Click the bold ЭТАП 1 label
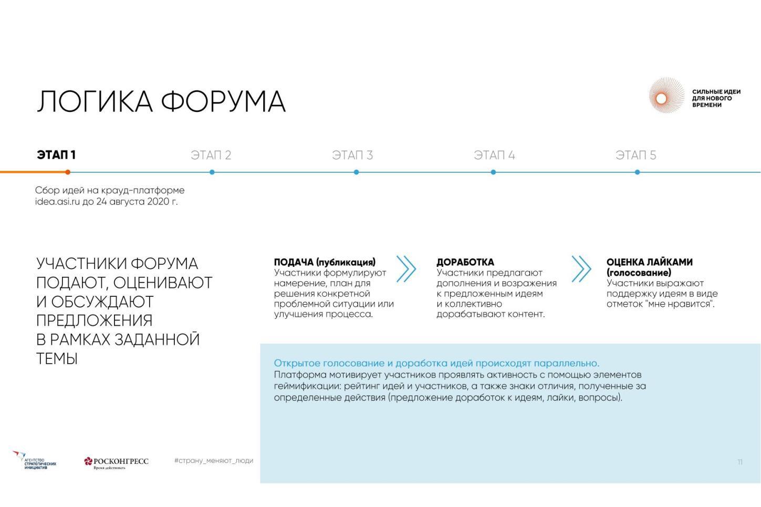tap(56, 155)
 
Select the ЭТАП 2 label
tap(211, 156)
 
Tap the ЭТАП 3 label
tap(352, 156)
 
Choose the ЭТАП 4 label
tap(494, 156)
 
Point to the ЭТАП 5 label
tap(635, 156)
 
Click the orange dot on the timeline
tap(68, 172)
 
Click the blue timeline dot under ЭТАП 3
tap(356, 172)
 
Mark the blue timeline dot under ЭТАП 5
tap(637, 172)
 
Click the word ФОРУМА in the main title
tap(223, 101)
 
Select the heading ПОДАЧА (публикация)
tap(325, 262)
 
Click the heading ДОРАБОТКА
tap(465, 262)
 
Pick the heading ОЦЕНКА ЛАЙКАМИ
tap(649, 262)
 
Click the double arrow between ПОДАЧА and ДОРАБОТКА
tap(406, 269)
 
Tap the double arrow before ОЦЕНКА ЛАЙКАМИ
tap(581, 269)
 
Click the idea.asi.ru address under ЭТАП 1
tap(57, 202)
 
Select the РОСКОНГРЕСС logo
tap(116, 462)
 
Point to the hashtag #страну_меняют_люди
tap(213, 461)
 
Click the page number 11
tap(739, 462)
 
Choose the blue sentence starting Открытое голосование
tap(436, 363)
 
